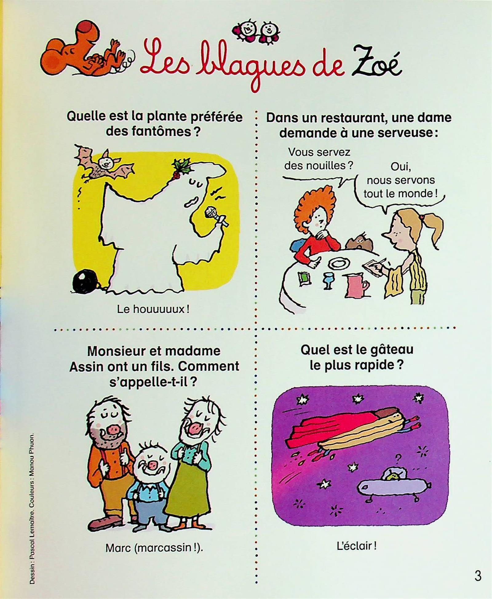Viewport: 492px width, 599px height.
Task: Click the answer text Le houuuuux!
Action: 153,309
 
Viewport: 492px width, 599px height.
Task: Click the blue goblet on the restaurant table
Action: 328,280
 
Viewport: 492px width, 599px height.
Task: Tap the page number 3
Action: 478,576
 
